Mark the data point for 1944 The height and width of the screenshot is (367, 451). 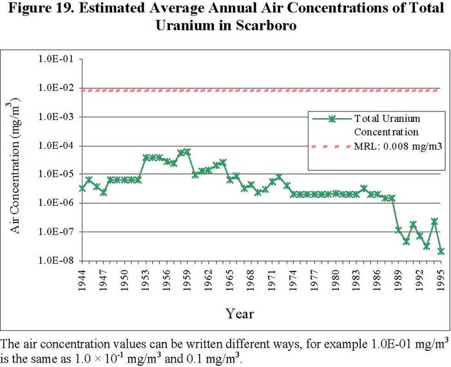tap(82, 188)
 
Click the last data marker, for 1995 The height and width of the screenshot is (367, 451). tap(441, 251)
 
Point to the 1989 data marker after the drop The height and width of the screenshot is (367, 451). tap(399, 230)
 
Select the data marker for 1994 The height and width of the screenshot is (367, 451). tap(434, 221)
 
